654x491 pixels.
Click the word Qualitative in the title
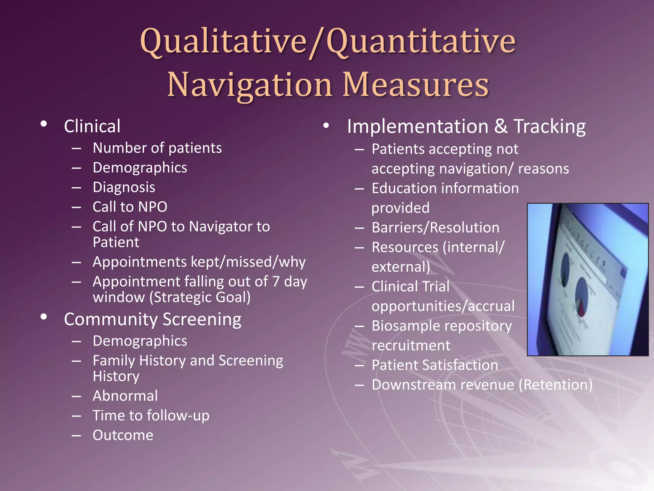click(x=224, y=42)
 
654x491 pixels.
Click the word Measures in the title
click(x=415, y=85)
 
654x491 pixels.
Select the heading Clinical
click(x=92, y=126)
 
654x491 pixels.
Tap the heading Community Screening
click(x=153, y=319)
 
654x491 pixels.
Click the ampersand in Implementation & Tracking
click(x=501, y=126)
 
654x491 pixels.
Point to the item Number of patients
click(x=157, y=148)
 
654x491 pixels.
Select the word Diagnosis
click(x=124, y=187)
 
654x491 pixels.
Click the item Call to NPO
click(x=130, y=207)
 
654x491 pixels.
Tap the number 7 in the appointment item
click(x=276, y=282)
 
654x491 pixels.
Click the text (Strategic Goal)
click(x=200, y=297)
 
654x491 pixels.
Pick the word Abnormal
click(x=125, y=396)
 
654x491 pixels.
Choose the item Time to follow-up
click(x=151, y=416)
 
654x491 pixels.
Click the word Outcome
click(x=123, y=435)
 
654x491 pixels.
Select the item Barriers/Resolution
click(x=435, y=228)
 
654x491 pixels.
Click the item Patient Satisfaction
click(x=435, y=365)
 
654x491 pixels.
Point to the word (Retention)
click(x=555, y=385)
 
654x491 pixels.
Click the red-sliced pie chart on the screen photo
click(x=582, y=297)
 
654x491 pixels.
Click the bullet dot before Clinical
click(x=44, y=124)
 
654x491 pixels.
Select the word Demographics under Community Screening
click(x=140, y=341)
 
